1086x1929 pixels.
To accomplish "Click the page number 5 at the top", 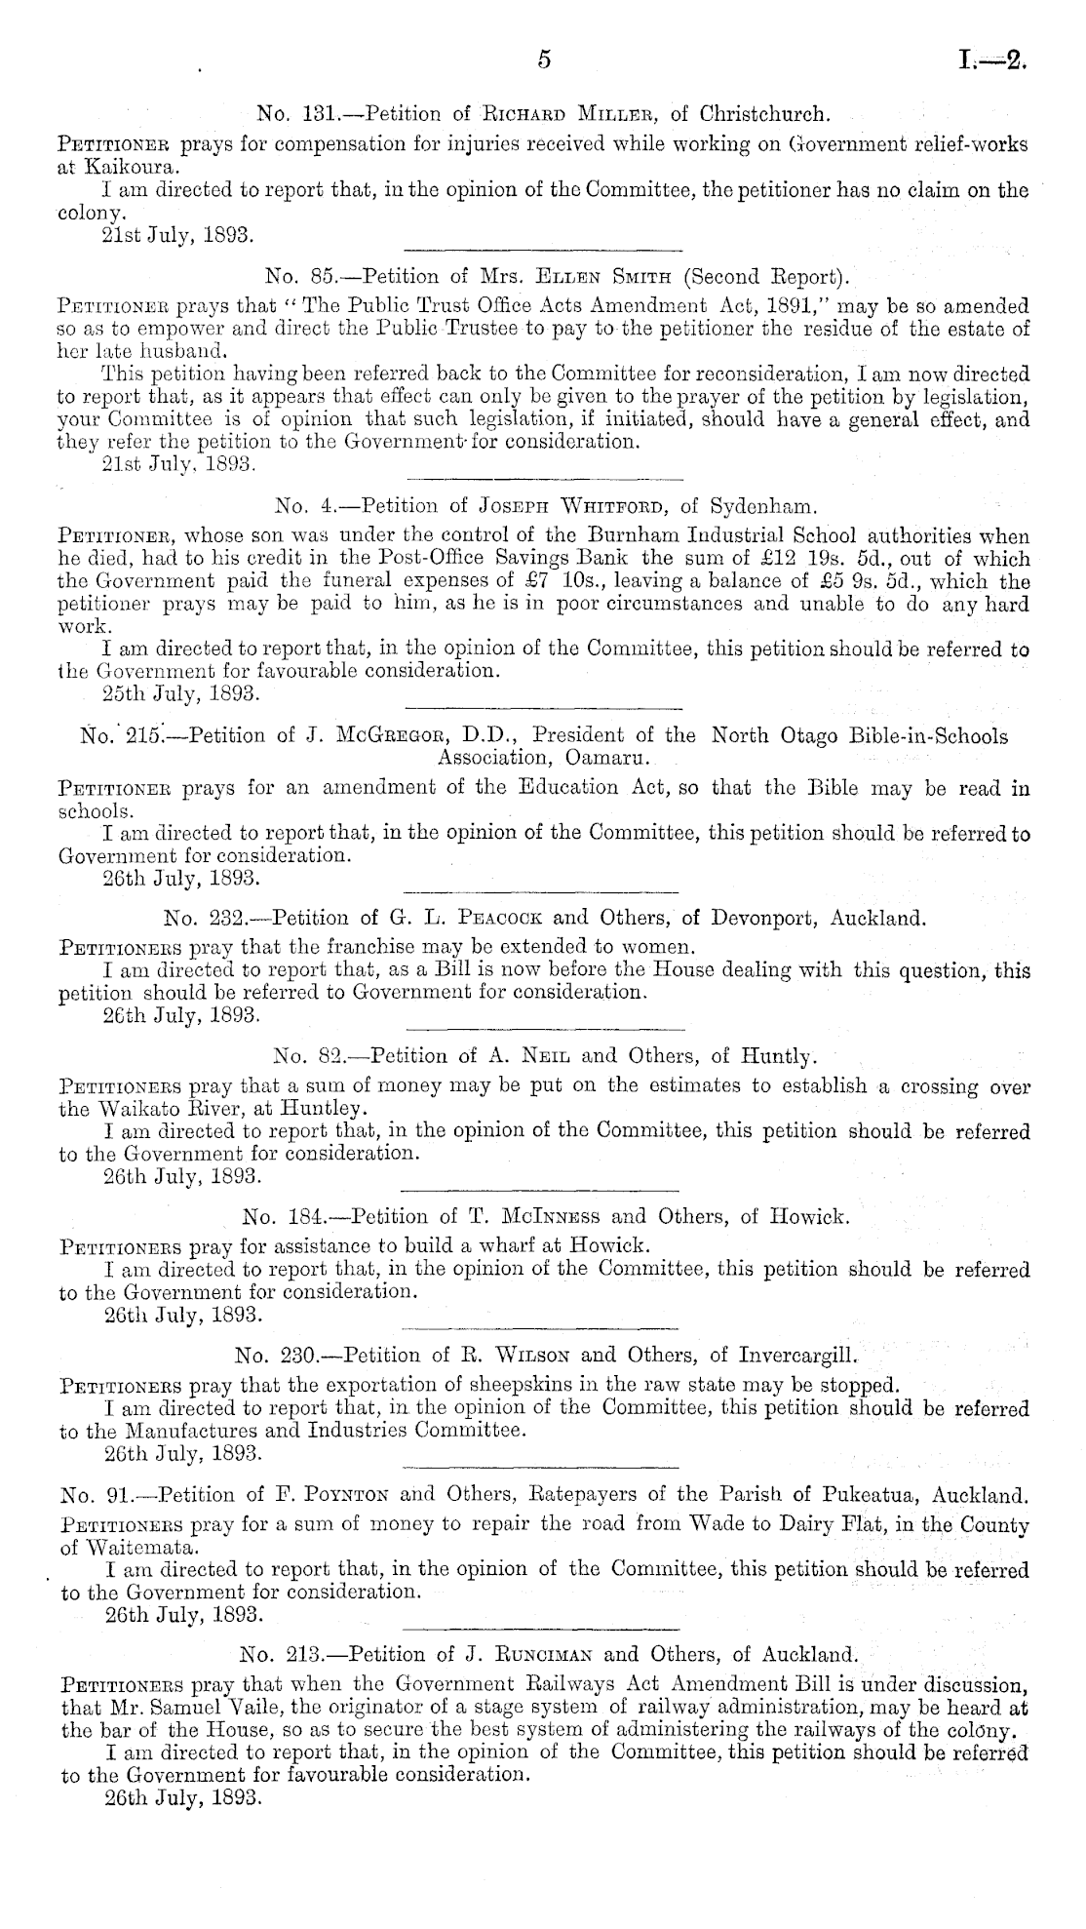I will [544, 60].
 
